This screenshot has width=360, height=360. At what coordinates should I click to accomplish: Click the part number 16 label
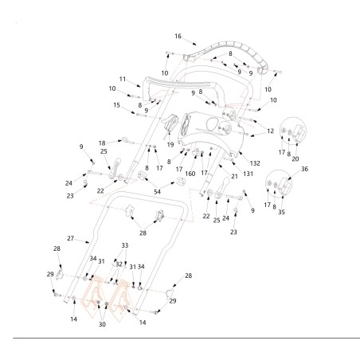coord(178,36)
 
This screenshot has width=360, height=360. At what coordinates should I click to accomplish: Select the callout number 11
coord(123,79)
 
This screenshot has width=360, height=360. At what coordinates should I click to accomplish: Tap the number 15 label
coord(116,105)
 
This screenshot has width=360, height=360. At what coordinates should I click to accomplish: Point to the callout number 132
coord(255,163)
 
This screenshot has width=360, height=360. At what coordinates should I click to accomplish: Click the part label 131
coord(248,174)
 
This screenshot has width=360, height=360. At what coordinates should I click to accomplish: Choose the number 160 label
coord(190,174)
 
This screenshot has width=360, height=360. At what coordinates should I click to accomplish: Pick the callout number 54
coord(158,192)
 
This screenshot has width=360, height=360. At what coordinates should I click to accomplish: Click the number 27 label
coord(70,238)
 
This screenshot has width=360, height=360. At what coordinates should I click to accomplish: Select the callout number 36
coord(304,169)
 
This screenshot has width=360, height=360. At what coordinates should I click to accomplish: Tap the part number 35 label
coord(281,212)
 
